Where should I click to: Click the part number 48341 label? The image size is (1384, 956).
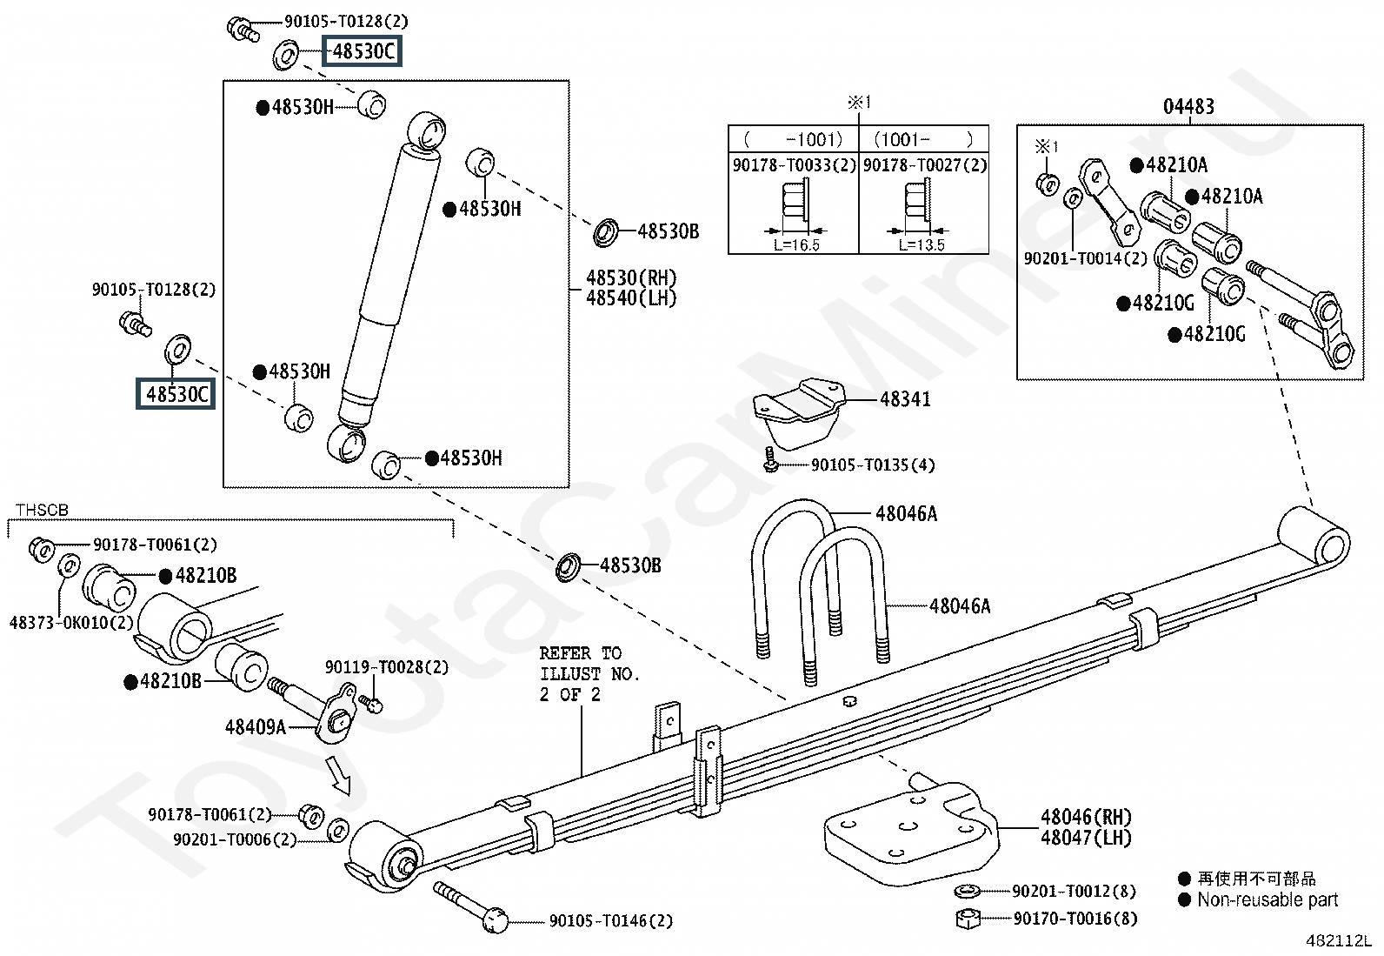(x=905, y=399)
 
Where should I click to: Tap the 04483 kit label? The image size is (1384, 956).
(x=1188, y=107)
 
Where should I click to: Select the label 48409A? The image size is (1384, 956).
(x=255, y=726)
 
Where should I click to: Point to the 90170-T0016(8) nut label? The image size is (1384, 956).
(x=1074, y=918)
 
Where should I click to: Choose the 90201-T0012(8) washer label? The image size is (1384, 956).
(x=1074, y=892)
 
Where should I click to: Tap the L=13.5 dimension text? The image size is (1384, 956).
(x=921, y=245)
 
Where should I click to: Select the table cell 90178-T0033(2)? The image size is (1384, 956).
(x=794, y=165)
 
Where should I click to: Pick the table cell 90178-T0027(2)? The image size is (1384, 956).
(x=924, y=165)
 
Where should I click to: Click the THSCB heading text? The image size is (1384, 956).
(x=42, y=511)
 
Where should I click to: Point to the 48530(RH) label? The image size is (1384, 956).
(x=630, y=278)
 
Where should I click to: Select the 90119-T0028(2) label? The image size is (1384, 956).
(x=387, y=667)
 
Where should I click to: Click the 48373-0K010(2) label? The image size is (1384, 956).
(x=71, y=623)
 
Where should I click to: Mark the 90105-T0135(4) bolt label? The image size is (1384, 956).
(x=872, y=465)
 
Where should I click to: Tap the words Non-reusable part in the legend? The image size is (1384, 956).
(x=1268, y=900)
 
